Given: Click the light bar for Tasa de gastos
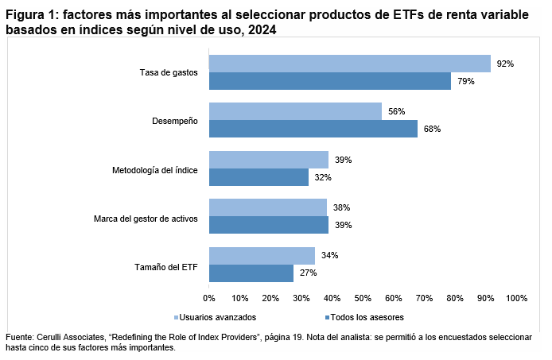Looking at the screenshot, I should tap(349, 64).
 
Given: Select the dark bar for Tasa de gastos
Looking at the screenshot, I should tap(329, 81).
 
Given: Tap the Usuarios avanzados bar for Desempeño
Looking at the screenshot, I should tap(295, 111).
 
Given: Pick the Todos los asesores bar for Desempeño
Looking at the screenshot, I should tap(313, 129).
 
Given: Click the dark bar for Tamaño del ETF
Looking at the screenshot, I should tap(251, 273).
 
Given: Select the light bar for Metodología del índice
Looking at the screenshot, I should tap(268, 160).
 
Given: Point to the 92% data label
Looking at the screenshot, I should tap(505, 64).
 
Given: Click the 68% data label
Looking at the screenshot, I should tap(432, 129).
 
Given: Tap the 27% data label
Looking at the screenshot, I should tap(308, 273).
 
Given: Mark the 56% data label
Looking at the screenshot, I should tap(396, 111).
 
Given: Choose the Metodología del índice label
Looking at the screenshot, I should tap(155, 168).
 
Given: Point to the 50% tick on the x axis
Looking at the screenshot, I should tap(363, 298).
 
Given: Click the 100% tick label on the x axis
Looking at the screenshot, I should tap(515, 298).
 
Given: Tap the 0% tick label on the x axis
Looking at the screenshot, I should tap(209, 298).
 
